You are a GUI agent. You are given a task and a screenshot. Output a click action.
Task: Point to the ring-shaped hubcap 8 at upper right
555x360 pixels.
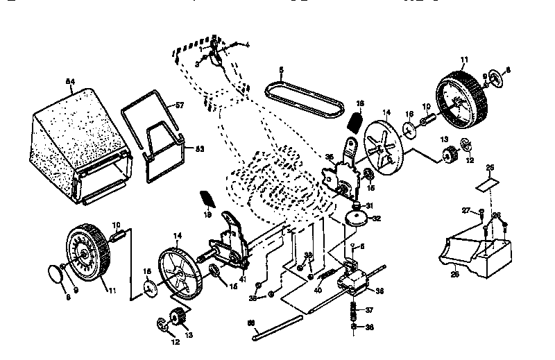pyautogui.click(x=495, y=78)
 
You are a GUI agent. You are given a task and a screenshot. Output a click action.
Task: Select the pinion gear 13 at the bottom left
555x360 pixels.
pyautogui.click(x=177, y=318)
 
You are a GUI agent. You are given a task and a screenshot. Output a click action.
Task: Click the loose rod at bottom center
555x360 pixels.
pyautogui.click(x=276, y=327)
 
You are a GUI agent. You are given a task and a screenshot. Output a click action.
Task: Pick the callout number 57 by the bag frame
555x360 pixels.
pyautogui.click(x=179, y=105)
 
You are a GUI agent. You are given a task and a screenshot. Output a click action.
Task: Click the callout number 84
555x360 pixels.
pyautogui.click(x=69, y=82)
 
